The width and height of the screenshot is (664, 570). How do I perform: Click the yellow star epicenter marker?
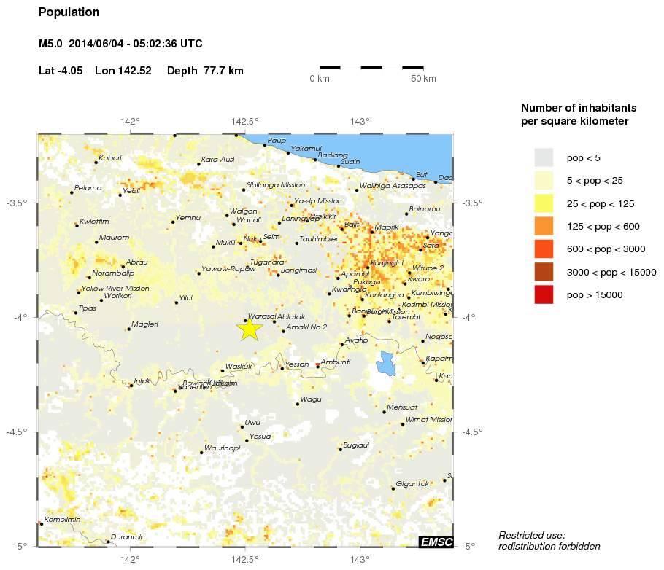(x=249, y=329)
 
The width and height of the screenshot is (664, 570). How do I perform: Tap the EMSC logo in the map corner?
(x=436, y=542)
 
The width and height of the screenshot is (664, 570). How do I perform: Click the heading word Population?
(x=69, y=12)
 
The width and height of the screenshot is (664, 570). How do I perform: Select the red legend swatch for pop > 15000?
(x=544, y=294)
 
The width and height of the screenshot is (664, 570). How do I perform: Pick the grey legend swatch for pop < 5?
(x=544, y=157)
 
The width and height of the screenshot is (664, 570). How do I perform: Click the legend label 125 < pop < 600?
(x=603, y=226)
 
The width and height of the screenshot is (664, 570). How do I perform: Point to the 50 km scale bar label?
(x=423, y=79)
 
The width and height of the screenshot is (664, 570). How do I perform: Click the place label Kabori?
(x=110, y=158)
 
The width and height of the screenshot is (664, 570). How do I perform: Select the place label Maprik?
(x=386, y=227)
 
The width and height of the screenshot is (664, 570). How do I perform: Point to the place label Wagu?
(x=311, y=399)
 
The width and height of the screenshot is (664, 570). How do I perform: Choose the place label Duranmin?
(x=128, y=537)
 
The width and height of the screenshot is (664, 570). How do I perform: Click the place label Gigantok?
(x=412, y=484)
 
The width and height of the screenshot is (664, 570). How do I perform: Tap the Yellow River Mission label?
(x=116, y=289)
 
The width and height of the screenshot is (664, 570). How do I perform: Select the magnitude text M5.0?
(x=50, y=44)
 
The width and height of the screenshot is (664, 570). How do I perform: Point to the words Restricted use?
(x=532, y=535)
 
